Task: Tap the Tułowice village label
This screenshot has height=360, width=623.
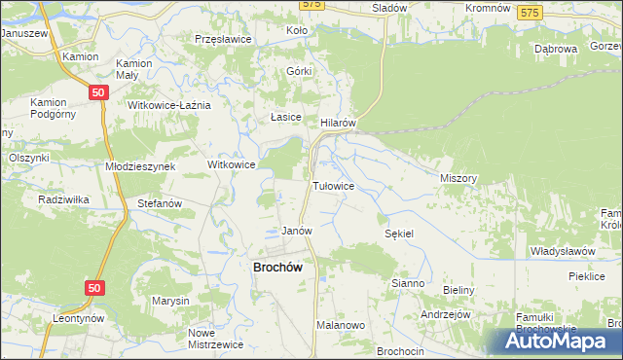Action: pyautogui.click(x=332, y=185)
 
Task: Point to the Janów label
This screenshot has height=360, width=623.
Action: pyautogui.click(x=296, y=232)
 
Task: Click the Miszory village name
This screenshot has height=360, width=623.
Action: pyautogui.click(x=458, y=178)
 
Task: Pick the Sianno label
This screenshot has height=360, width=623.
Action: pyautogui.click(x=407, y=283)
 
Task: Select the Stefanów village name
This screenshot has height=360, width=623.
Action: pyautogui.click(x=161, y=203)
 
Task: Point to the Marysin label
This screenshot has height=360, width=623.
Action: pyautogui.click(x=170, y=301)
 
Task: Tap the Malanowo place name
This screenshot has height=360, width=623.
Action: pyautogui.click(x=340, y=326)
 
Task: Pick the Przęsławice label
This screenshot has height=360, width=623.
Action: pyautogui.click(x=224, y=39)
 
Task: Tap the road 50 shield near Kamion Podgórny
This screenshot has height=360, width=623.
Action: pyautogui.click(x=96, y=91)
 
